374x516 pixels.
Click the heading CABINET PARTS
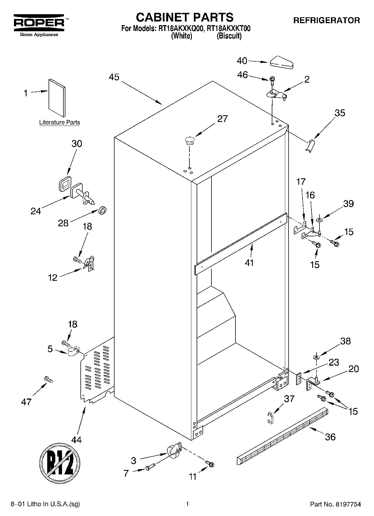184,17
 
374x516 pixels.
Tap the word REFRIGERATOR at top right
327,20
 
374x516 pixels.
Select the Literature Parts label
59,122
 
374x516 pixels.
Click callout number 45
114,77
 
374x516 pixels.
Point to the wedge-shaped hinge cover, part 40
282,63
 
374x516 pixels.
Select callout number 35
340,113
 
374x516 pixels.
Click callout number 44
76,440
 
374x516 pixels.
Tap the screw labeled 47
48,379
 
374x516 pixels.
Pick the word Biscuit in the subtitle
229,36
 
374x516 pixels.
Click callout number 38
345,341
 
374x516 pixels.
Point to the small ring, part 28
103,211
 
